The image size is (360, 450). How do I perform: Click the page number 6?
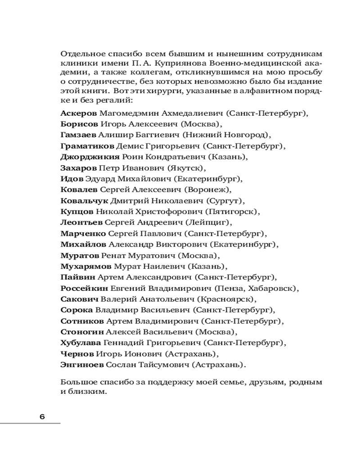(42, 416)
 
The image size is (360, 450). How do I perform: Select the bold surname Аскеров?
(78, 114)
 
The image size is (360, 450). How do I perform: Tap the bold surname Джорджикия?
(90, 157)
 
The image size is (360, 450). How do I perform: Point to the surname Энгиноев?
(81, 364)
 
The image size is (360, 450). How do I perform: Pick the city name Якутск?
(186, 168)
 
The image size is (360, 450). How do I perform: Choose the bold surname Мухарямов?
(85, 267)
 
